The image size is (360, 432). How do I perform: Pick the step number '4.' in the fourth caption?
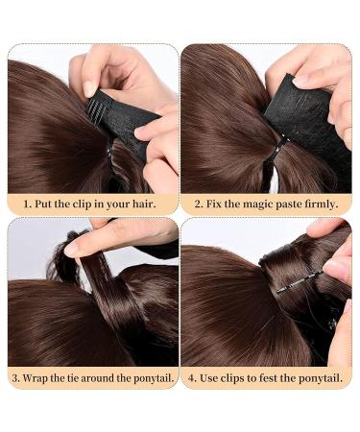coord(192,376)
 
